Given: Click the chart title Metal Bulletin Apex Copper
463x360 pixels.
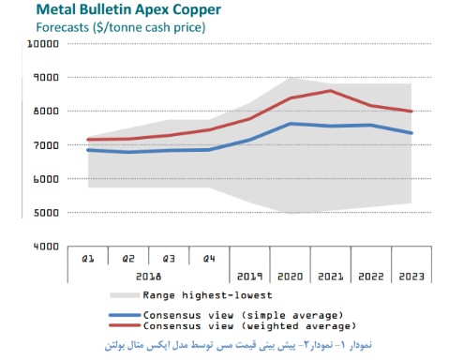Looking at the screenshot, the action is click(128, 9).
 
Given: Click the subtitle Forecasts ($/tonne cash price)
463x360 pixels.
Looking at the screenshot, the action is click(121, 27).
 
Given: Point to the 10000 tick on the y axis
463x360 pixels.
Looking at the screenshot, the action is click(43, 44).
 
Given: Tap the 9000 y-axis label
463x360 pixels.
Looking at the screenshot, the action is click(46, 77).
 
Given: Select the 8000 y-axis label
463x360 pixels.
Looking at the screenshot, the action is click(46, 112).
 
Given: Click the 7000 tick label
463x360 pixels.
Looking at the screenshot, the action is click(46, 145).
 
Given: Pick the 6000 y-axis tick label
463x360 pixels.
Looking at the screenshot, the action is click(46, 179).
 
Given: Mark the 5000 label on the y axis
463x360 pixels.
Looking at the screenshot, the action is click(46, 213).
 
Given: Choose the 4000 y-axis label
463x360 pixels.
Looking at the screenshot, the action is click(46, 247).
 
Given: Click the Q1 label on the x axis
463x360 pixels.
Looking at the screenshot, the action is click(88, 259).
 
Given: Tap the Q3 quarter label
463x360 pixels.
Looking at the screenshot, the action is click(169, 259).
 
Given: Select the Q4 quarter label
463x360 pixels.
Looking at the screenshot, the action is click(209, 259).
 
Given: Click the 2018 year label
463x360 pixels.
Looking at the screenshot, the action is click(149, 277).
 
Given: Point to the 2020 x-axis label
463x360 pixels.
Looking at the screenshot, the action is click(291, 277).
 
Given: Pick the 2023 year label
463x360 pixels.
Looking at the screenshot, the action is click(411, 277).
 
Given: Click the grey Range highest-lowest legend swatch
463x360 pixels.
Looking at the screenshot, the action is click(125, 295).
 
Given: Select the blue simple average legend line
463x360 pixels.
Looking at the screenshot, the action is click(125, 315).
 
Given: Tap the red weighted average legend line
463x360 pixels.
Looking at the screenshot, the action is click(125, 325).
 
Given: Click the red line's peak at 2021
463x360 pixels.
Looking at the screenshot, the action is click(330, 91).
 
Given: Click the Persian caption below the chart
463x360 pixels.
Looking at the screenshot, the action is click(238, 345).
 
